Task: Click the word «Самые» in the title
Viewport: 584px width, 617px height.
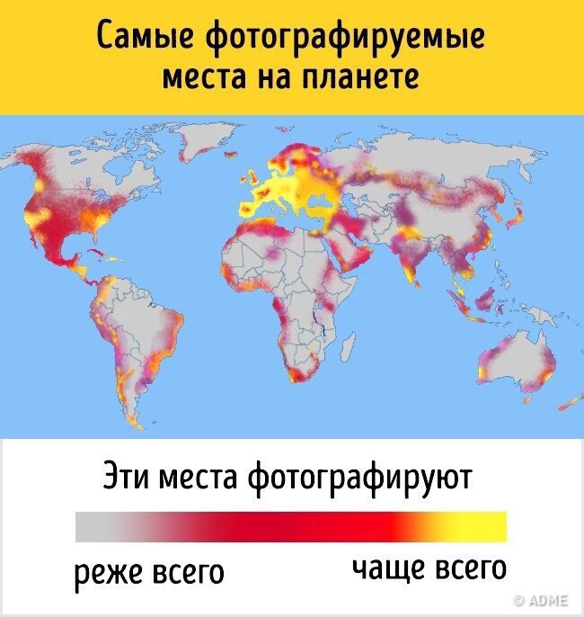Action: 144,39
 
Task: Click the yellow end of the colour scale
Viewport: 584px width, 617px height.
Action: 490,525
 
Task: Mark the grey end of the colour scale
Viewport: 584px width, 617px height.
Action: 90,525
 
